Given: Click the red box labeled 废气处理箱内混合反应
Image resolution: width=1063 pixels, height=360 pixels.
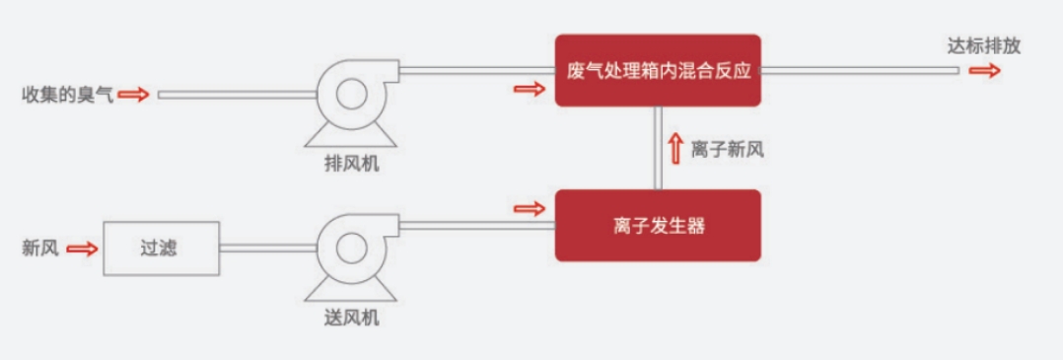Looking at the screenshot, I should (658, 70).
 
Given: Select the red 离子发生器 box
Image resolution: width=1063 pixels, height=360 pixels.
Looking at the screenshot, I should (658, 226).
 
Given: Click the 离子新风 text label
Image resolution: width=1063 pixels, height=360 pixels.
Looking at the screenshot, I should (728, 149).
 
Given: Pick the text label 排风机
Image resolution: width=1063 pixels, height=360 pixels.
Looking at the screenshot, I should (351, 164).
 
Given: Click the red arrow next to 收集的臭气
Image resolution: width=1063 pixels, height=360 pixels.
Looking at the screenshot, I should (136, 96).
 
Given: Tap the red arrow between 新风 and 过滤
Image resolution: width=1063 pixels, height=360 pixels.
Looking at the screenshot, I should (83, 249).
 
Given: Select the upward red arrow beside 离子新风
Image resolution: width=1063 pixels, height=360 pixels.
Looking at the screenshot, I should (675, 148).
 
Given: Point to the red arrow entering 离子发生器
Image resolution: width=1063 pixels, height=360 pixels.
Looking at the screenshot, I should (530, 209).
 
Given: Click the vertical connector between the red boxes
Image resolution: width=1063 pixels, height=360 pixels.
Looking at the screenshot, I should (658, 148).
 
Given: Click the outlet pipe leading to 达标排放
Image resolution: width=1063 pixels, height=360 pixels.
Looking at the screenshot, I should (858, 70).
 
